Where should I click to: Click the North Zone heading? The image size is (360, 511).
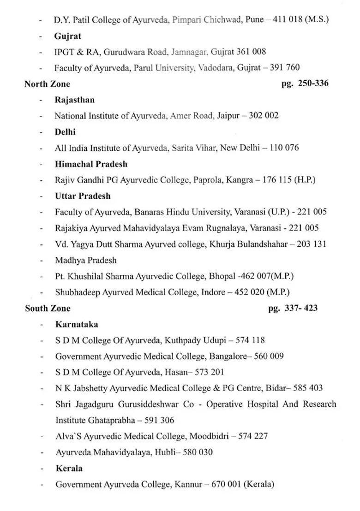[x=48, y=83]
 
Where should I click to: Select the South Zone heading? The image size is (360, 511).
[x=48, y=308]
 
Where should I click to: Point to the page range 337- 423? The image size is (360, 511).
[x=293, y=308]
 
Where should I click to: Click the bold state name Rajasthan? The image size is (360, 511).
[x=74, y=100]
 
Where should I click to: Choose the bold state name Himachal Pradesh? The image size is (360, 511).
[x=91, y=164]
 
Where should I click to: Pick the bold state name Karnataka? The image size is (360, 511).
[x=77, y=324]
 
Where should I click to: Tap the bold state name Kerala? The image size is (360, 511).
[x=69, y=468]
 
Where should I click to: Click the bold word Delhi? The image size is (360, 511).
[x=65, y=131]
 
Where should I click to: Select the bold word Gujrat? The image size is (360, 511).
[x=67, y=36]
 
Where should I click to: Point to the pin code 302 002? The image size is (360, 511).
[x=264, y=115]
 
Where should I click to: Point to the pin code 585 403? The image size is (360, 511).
[x=307, y=388]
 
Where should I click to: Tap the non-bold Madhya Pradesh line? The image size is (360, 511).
[x=86, y=260]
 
